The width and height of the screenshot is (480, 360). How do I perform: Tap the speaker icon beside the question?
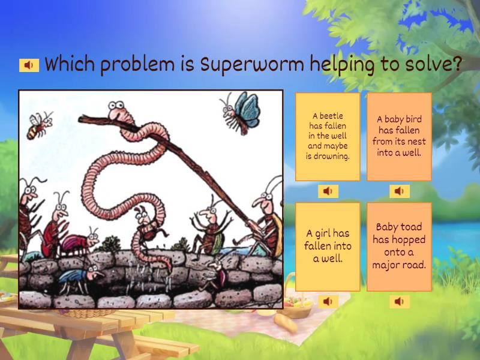point(29,65)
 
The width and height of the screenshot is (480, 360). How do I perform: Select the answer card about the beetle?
point(328,136)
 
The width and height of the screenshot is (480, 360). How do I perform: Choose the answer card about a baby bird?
point(399,136)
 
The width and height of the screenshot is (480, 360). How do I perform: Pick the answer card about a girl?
point(328,246)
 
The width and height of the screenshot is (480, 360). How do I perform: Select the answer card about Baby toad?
point(399,246)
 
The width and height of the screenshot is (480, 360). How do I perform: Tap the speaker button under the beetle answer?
point(328,191)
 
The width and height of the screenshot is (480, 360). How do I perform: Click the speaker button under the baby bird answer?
point(399,191)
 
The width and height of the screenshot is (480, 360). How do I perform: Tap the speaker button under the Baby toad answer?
point(399,301)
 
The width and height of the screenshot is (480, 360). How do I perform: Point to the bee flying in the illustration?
point(39,125)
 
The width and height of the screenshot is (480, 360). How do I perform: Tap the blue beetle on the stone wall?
point(76,277)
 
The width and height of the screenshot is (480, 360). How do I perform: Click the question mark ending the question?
point(455,64)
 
